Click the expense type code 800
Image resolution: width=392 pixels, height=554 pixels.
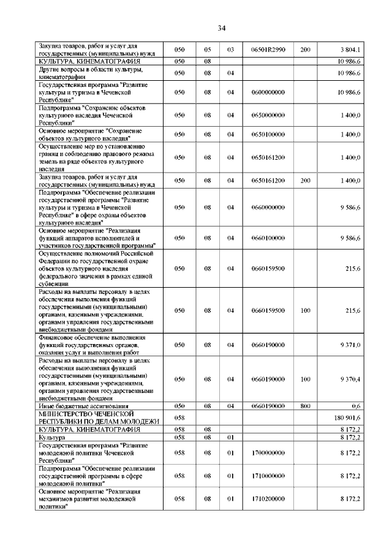(x=305, y=406)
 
